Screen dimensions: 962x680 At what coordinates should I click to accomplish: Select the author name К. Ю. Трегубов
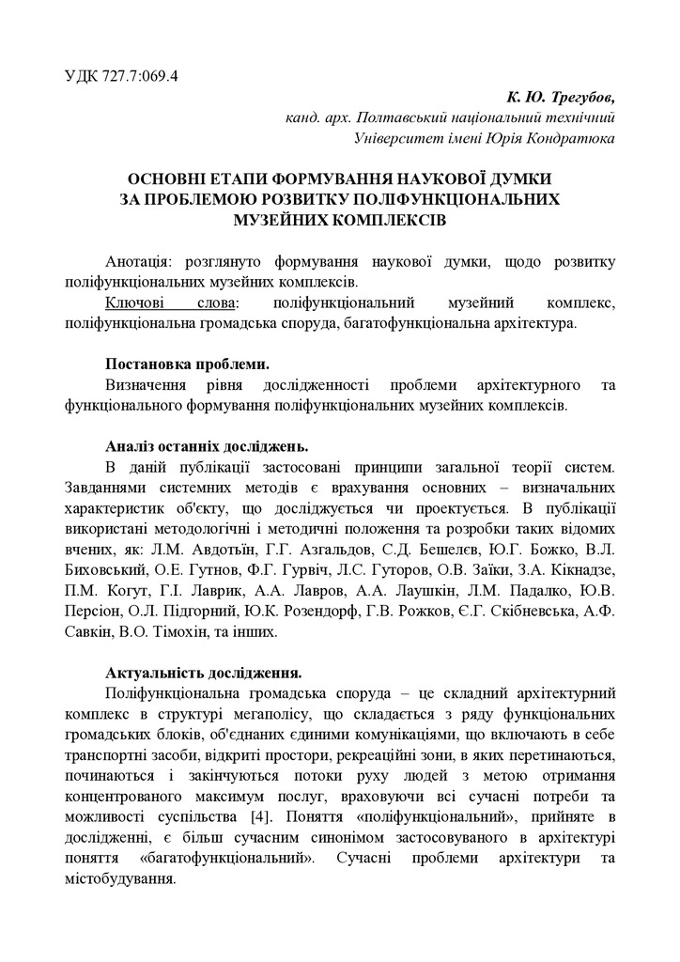[560, 98]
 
